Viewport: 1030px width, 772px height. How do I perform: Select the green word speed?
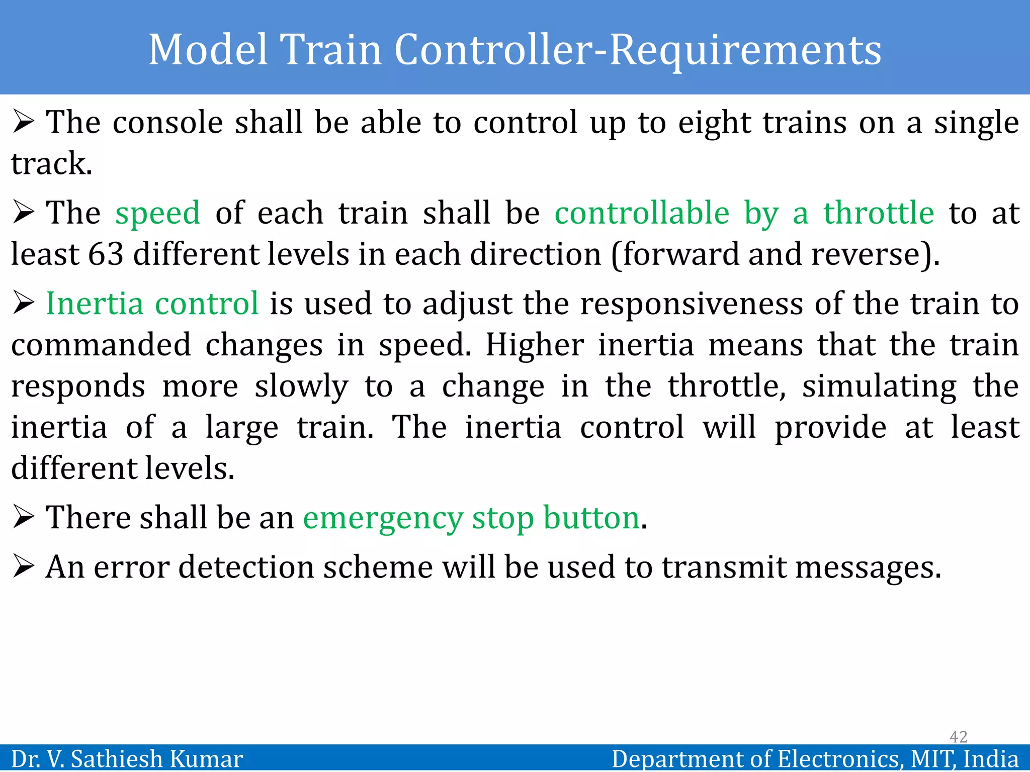point(158,213)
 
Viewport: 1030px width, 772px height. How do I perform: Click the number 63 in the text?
point(106,254)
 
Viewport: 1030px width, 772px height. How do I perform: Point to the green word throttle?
point(879,213)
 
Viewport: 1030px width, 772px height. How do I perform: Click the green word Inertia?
point(95,304)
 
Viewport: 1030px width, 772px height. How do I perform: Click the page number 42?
point(958,737)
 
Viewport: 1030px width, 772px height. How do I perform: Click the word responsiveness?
point(692,304)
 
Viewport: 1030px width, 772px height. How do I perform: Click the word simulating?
point(879,387)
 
